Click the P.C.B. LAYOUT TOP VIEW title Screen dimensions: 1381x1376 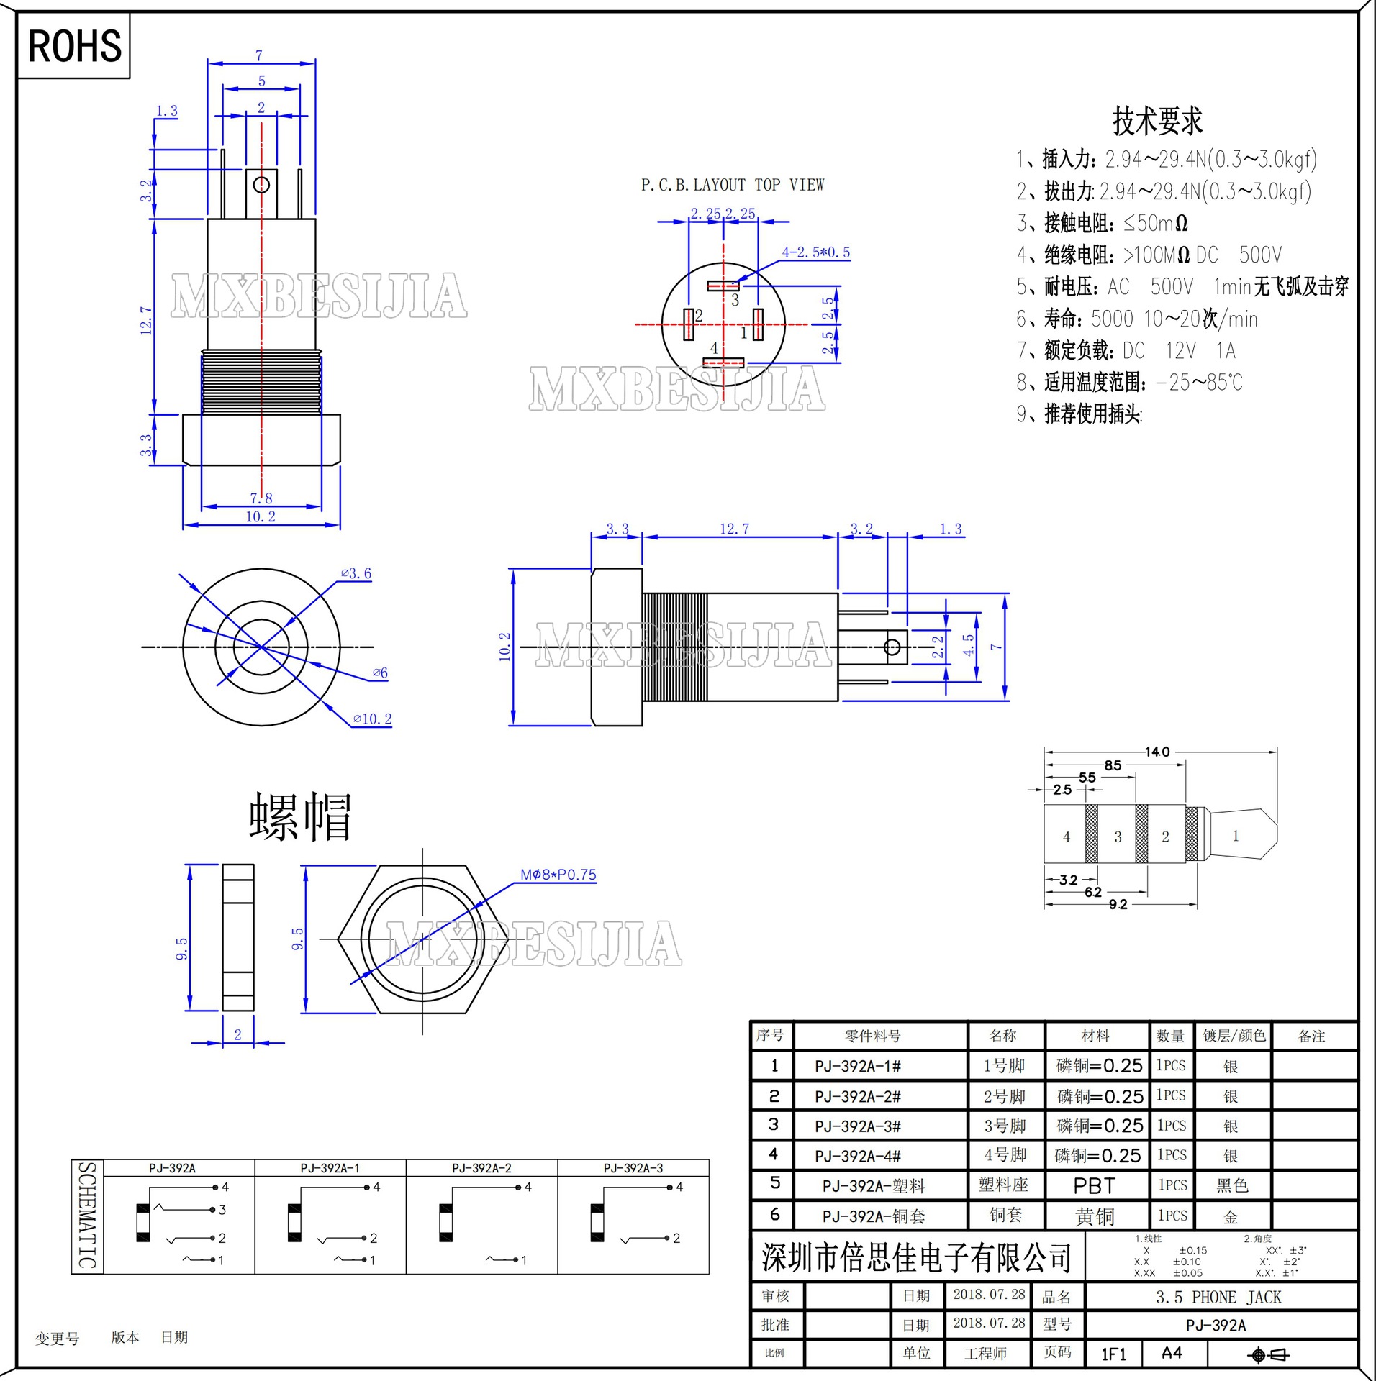[x=732, y=186]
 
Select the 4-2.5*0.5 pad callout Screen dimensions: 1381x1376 [x=815, y=252]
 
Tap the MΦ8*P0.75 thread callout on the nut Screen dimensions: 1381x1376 [x=558, y=875]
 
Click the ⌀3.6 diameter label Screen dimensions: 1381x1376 [x=356, y=573]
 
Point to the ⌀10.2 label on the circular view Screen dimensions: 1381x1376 [x=372, y=719]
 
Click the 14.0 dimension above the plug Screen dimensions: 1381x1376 [x=1157, y=752]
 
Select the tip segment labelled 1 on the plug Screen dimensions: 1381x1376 [x=1236, y=836]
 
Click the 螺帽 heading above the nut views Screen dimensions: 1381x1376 [x=300, y=817]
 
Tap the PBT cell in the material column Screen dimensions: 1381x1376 [x=1094, y=1185]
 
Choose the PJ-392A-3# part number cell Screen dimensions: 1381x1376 [x=858, y=1126]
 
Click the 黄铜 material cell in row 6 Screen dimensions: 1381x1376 [x=1095, y=1216]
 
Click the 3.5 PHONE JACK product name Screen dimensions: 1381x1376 [x=1218, y=1298]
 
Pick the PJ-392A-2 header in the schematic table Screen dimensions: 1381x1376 [x=481, y=1169]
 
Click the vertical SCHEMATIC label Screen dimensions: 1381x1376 [x=87, y=1216]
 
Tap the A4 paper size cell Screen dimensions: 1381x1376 [x=1172, y=1354]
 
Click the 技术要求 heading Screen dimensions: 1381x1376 [x=1157, y=121]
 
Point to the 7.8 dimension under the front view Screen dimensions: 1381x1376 [x=261, y=498]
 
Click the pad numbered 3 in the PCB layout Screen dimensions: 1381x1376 [x=723, y=286]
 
